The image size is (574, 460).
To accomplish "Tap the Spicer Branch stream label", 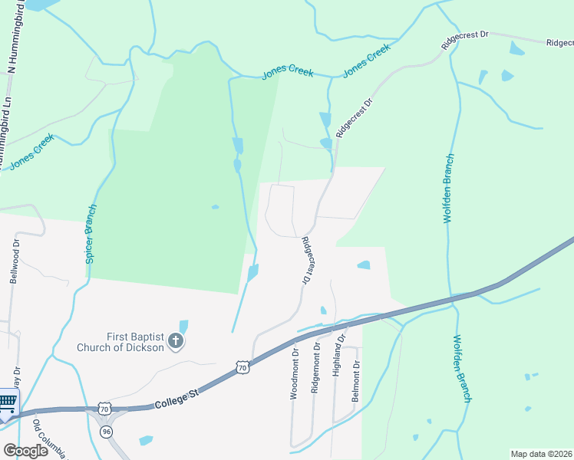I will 91,235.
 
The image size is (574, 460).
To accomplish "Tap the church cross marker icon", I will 176,341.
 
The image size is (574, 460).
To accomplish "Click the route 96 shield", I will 104,432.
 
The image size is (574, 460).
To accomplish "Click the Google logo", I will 25,450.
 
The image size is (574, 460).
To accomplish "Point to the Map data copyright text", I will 541,454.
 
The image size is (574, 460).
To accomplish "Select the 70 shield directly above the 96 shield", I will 104,409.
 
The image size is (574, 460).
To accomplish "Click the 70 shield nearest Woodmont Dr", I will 242,367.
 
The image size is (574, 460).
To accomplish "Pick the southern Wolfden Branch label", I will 462,368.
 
